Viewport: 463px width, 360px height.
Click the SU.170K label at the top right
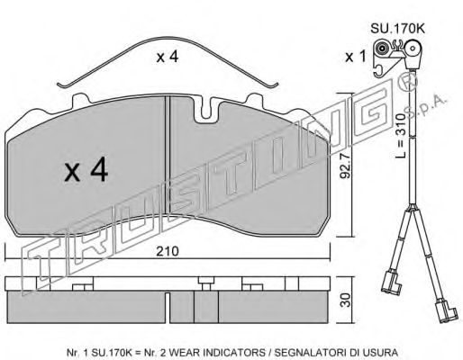point(397,29)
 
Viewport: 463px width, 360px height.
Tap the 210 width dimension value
point(168,251)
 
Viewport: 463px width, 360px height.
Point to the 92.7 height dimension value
point(345,166)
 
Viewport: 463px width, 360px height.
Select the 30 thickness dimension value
point(346,300)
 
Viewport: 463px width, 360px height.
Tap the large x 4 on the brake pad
point(86,170)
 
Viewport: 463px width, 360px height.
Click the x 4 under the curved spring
point(167,57)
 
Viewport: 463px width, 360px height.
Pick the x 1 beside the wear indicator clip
point(355,57)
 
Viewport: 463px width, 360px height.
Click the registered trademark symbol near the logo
point(408,81)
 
